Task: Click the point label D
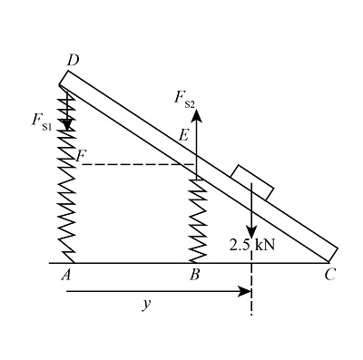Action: (x=73, y=59)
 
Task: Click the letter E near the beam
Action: (x=183, y=135)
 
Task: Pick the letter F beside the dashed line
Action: (x=82, y=157)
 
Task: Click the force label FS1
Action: (x=43, y=121)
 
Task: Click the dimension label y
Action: (x=145, y=305)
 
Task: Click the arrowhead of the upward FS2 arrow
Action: (x=196, y=115)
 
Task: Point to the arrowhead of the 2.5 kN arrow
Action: (x=251, y=231)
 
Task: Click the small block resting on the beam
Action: (x=252, y=180)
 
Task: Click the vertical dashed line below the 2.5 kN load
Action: (x=251, y=290)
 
